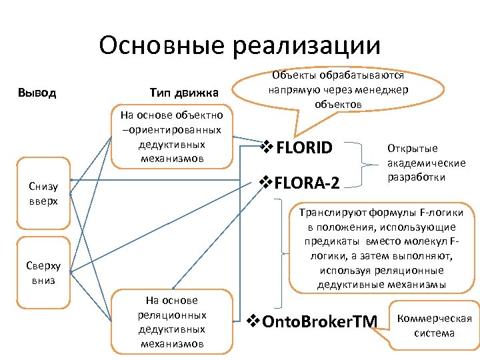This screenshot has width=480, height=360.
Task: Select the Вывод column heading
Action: [x=37, y=92]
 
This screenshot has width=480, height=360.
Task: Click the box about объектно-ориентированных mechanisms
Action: [x=172, y=137]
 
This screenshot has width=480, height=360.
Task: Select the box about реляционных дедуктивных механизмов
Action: [x=172, y=321]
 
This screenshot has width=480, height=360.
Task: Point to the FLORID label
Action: [x=305, y=148]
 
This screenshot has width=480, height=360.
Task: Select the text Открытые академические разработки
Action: [x=426, y=163]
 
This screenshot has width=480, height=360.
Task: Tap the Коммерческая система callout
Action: [x=434, y=325]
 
